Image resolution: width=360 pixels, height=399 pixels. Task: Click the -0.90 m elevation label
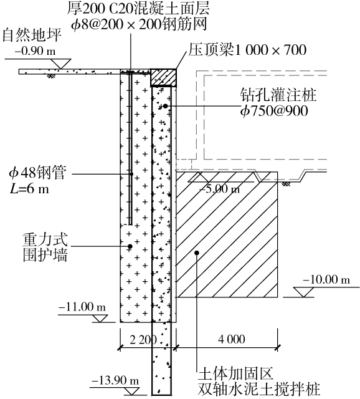(35, 51)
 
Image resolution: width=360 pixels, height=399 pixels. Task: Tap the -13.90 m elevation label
(115, 381)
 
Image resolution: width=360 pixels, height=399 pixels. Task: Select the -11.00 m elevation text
(82, 307)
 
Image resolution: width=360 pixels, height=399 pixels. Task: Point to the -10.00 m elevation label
(326, 280)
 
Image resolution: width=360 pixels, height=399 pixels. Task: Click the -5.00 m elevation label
(219, 189)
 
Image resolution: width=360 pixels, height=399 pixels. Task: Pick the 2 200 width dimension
(143, 339)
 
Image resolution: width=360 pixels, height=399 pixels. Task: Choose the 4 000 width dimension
(232, 339)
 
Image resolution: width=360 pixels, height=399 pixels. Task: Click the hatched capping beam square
(163, 77)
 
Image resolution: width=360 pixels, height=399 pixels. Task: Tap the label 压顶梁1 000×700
(247, 50)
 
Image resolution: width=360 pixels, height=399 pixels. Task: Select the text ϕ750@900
(274, 111)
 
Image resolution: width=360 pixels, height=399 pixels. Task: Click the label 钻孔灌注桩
(278, 95)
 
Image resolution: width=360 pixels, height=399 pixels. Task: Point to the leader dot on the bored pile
(165, 106)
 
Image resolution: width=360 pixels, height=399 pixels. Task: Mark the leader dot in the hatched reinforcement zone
(197, 252)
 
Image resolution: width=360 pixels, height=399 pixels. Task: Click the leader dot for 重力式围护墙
(130, 246)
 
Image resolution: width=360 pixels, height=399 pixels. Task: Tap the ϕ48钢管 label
(37, 173)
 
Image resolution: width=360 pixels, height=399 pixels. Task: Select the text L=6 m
(29, 189)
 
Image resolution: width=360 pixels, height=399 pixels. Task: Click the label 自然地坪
(32, 35)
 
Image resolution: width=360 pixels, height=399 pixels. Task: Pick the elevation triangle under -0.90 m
(60, 64)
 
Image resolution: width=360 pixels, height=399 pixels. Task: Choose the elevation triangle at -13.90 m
(131, 392)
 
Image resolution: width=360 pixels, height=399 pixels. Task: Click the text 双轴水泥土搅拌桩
(258, 389)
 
